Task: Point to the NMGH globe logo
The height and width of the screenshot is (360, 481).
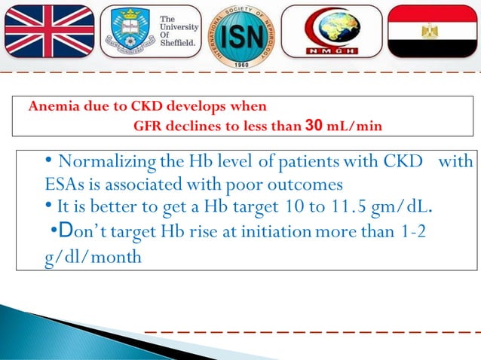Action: (336, 30)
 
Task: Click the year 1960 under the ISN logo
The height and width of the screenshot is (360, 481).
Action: (240, 64)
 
